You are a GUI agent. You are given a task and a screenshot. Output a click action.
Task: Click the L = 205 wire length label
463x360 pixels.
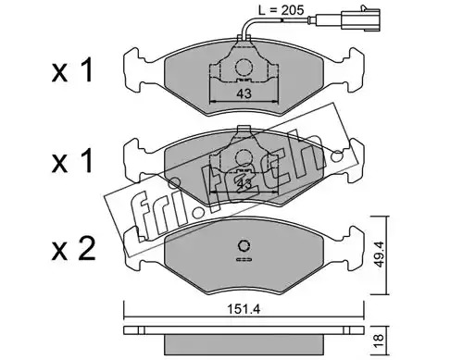click(282, 10)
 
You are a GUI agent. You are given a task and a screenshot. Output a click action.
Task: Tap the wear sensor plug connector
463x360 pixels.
click(360, 19)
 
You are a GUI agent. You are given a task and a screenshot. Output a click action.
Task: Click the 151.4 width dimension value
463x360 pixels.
click(244, 309)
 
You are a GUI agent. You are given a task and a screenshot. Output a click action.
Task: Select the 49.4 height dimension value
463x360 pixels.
click(380, 254)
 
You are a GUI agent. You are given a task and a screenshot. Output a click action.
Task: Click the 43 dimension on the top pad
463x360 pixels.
click(244, 93)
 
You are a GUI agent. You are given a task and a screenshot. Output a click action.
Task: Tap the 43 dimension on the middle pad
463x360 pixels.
click(244, 184)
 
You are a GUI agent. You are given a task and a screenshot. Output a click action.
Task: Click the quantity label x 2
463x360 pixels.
click(73, 250)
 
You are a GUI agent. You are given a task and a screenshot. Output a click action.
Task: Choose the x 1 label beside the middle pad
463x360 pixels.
click(72, 161)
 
